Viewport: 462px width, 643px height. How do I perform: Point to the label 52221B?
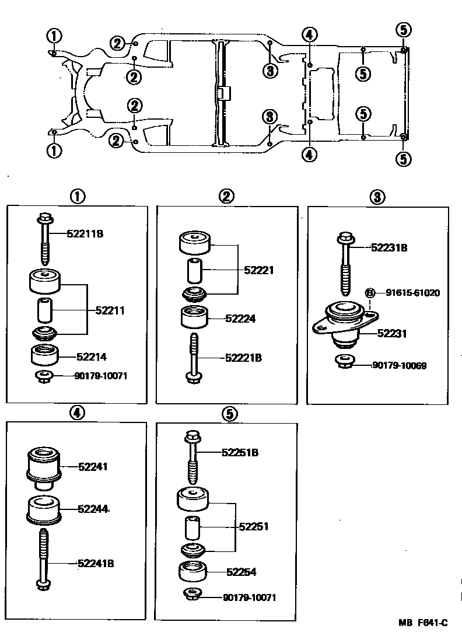pos(243,358)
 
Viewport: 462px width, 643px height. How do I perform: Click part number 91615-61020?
pos(412,292)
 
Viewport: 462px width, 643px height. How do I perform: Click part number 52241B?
pos(96,563)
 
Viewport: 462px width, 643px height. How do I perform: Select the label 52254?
pos(241,572)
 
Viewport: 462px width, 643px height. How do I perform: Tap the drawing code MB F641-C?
pos(423,623)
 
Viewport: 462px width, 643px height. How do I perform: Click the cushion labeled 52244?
pos(44,509)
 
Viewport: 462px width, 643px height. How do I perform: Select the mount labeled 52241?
pos(44,467)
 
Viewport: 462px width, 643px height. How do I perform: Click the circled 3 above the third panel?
pos(377,197)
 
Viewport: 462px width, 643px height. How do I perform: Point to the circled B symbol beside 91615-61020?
pos(369,292)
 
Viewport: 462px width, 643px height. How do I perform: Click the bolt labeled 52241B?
pos(44,559)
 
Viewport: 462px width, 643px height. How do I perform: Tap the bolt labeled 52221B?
pos(194,357)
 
